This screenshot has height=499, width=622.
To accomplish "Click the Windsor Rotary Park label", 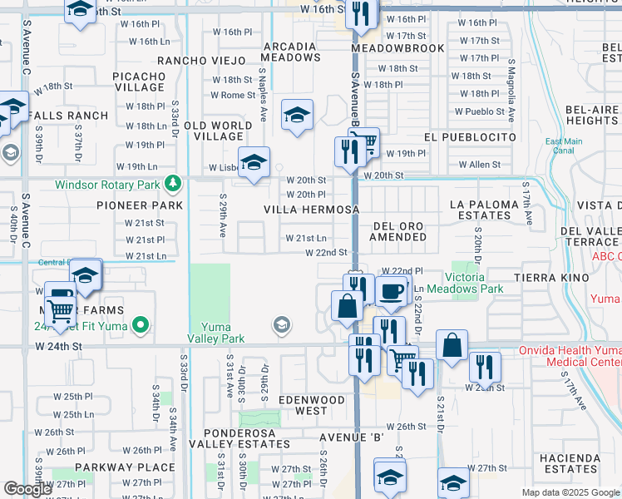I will coord(110,185).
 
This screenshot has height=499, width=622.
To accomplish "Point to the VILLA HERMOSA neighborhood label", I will coord(312,210).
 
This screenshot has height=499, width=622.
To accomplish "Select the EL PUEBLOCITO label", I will coord(470,137).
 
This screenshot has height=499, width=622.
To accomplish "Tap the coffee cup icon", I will coord(391,291).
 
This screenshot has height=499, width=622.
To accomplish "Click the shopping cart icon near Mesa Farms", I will coord(60,310).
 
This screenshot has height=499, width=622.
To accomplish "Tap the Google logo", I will coord(27,489).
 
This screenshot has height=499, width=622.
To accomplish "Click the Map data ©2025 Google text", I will coord(570,492).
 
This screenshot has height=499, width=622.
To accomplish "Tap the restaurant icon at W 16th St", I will coord(361,13).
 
